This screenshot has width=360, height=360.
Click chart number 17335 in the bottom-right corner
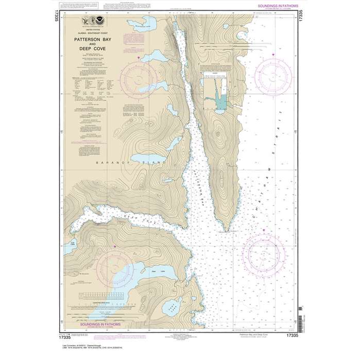coord(291,335)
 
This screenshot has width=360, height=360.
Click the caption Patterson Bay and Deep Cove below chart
coord(258,335)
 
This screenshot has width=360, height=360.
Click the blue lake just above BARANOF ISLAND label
coord(145,156)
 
